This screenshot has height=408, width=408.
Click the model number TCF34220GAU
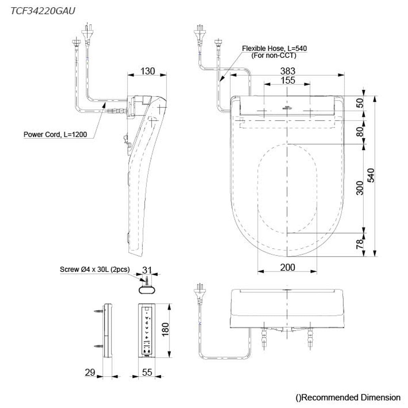(x=43, y=11)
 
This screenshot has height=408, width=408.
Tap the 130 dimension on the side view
(x=148, y=71)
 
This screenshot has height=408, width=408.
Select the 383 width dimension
(x=288, y=71)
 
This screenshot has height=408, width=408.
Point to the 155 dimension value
(x=288, y=81)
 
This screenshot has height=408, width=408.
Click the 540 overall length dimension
(x=371, y=175)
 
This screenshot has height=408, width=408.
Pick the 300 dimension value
(x=360, y=188)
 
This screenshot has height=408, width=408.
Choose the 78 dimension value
(x=360, y=244)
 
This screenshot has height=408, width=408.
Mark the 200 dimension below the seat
(x=288, y=268)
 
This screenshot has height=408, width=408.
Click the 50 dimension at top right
(x=360, y=103)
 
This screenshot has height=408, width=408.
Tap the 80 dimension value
(x=360, y=132)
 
